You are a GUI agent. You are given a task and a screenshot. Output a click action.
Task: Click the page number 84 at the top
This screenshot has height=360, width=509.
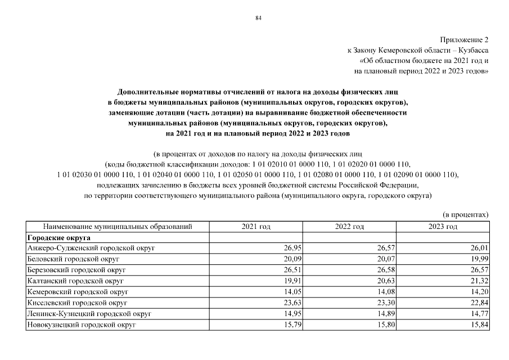click(x=258, y=18)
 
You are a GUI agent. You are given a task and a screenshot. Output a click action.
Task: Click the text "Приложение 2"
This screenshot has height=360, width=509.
click(x=465, y=39)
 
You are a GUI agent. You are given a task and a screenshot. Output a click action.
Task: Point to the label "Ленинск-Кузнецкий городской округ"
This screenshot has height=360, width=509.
click(x=89, y=313)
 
